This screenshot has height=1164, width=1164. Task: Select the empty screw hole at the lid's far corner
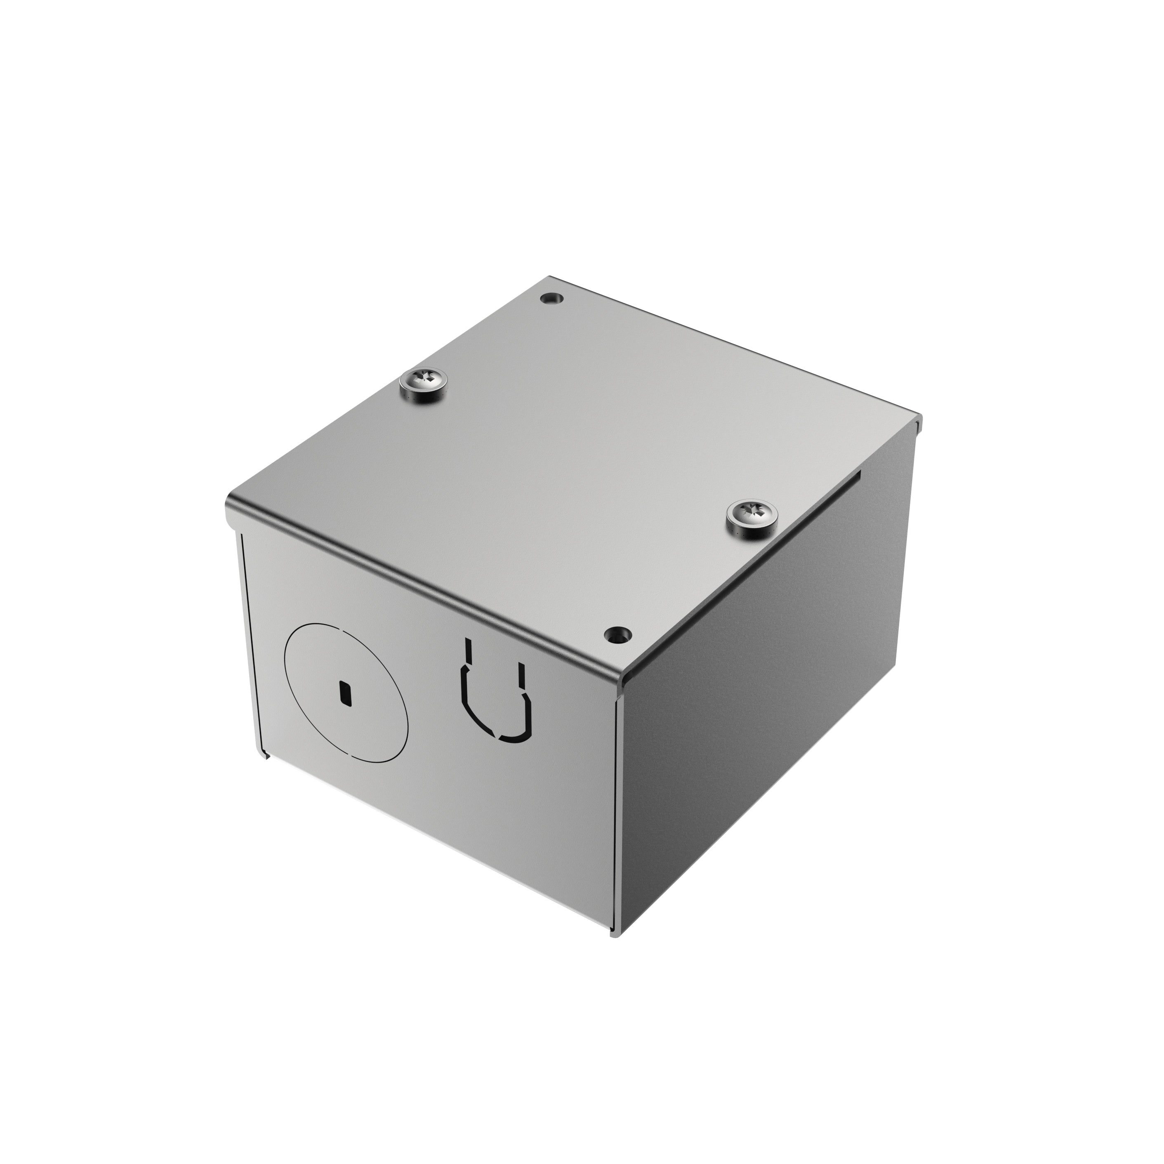(551, 298)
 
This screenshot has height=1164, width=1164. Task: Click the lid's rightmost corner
(918, 417)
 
